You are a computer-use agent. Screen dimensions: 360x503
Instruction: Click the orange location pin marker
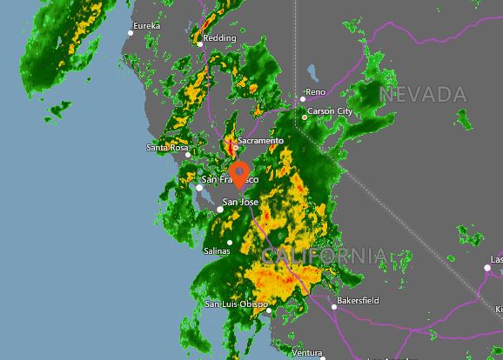240,172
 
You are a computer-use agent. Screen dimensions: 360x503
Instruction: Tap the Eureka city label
146,26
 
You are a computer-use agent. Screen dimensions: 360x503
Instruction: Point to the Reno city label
315,91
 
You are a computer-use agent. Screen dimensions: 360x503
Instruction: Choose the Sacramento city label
260,140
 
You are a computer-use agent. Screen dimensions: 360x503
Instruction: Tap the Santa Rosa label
167,148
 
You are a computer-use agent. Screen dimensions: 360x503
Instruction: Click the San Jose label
241,203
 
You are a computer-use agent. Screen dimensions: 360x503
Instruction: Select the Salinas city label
216,251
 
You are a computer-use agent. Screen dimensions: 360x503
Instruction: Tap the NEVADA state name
424,93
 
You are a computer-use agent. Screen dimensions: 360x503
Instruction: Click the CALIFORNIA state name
324,256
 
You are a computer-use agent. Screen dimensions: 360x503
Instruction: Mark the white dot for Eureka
131,33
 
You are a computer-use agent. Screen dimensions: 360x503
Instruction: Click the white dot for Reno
304,98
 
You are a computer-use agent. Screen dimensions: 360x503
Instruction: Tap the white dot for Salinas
230,243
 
